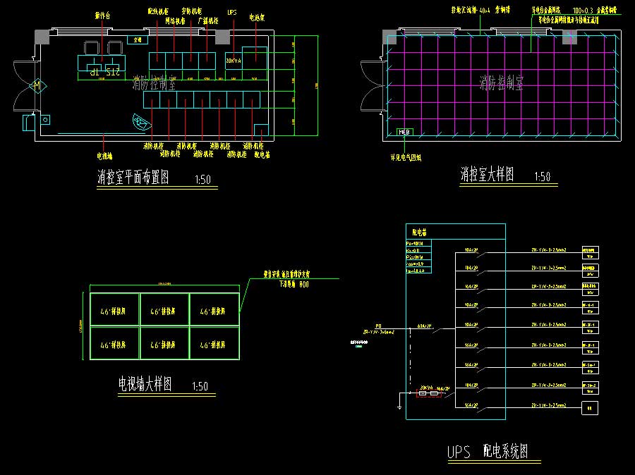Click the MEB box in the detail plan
(x=405, y=132)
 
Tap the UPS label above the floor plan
(x=232, y=13)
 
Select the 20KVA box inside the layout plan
(x=234, y=61)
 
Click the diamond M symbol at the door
(x=35, y=85)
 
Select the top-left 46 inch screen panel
(x=114, y=310)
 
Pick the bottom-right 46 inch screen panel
(x=214, y=345)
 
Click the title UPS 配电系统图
(x=488, y=452)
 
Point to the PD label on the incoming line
(x=378, y=326)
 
